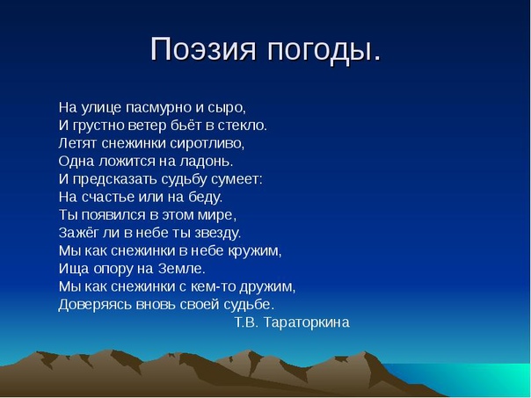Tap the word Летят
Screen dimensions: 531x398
point(77,144)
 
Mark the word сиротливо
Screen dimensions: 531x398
point(207,144)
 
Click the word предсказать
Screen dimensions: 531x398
point(114,180)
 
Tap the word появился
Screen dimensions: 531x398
point(113,215)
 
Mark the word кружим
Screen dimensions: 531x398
point(255,251)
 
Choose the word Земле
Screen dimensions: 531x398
point(182,269)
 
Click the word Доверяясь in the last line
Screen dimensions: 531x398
point(95,305)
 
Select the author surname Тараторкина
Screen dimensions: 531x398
point(307,322)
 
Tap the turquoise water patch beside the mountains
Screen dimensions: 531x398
point(474,379)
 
